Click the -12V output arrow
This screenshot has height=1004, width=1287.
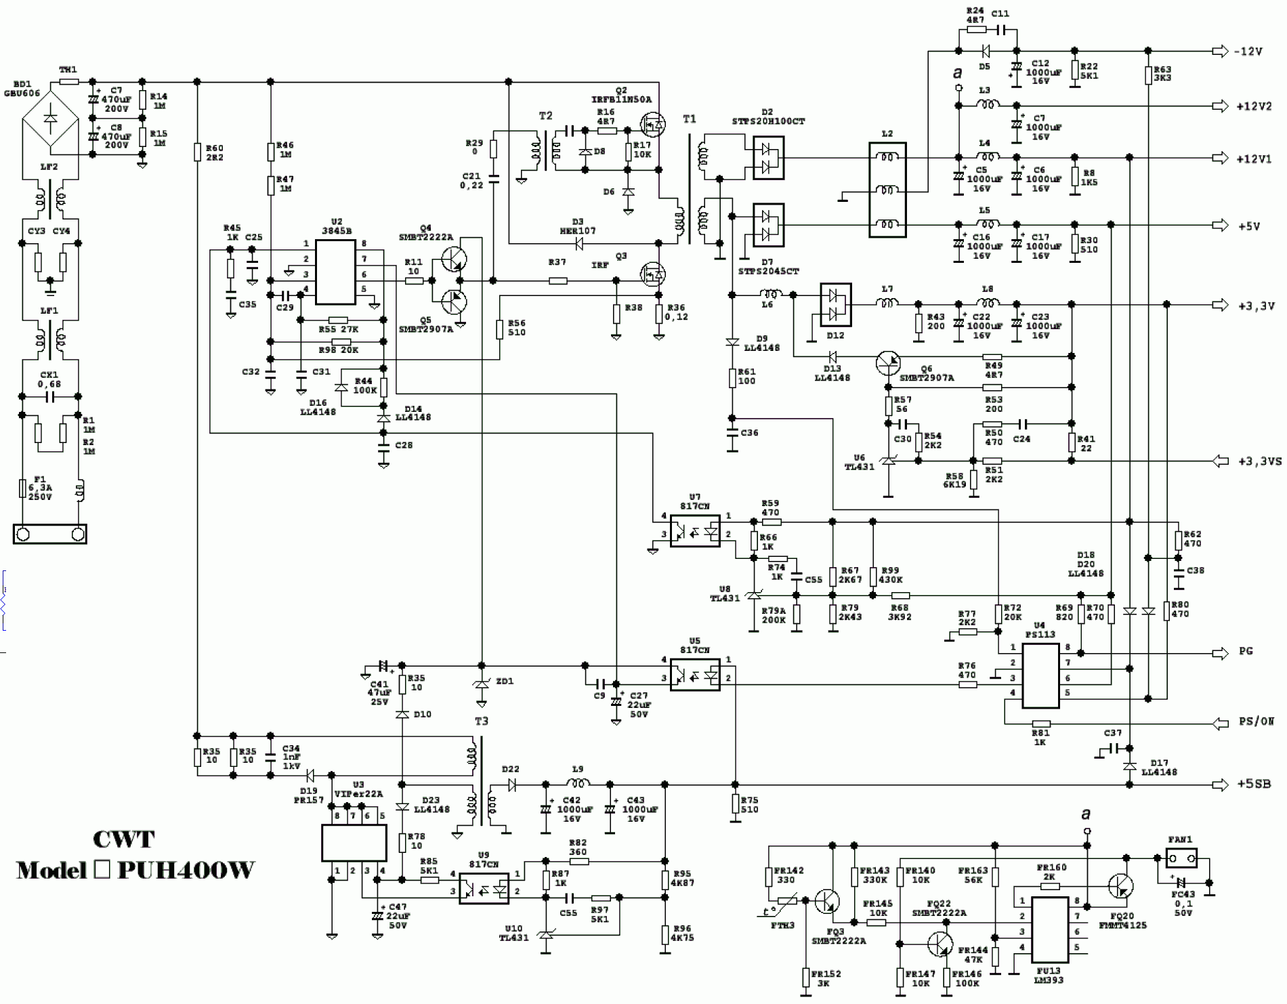[x=1219, y=51]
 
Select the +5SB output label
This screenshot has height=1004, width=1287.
[x=1254, y=785]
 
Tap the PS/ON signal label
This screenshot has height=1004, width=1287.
[x=1257, y=721]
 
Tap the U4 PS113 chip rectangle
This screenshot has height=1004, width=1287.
[x=1040, y=676]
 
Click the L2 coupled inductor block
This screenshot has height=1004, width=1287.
[x=887, y=190]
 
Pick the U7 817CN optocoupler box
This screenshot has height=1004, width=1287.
[x=695, y=530]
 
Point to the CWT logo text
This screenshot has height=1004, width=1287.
[x=124, y=839]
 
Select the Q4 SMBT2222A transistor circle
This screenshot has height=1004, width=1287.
[x=454, y=258]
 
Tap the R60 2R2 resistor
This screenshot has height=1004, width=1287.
[x=197, y=152]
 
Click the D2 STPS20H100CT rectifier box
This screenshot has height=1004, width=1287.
[x=768, y=156]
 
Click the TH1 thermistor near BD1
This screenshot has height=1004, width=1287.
[x=68, y=81]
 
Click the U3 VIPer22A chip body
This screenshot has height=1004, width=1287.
[x=354, y=843]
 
